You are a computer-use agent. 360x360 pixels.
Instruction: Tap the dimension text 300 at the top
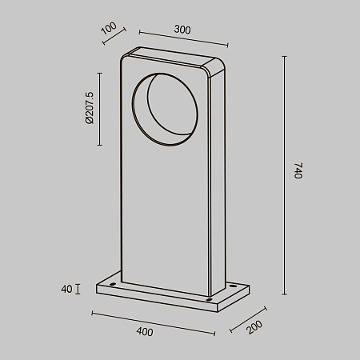point(182,30)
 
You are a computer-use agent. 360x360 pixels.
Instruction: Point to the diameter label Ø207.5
point(89,107)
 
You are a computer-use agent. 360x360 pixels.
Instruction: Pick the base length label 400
point(144,330)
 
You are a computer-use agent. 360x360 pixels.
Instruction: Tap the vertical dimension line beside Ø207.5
point(99,108)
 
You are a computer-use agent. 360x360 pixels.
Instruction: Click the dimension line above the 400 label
point(152,321)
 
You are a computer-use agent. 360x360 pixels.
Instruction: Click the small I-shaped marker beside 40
point(78,288)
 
